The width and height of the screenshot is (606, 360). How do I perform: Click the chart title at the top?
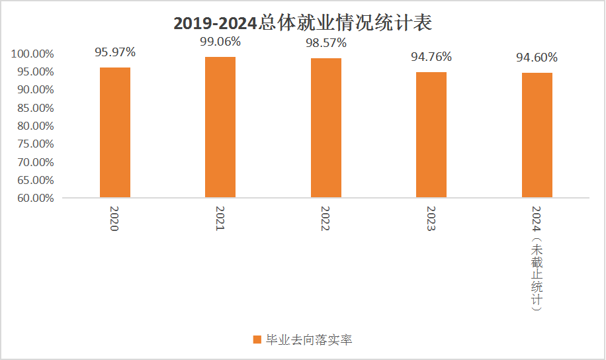click(302, 23)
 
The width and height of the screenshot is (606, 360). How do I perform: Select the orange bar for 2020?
click(115, 132)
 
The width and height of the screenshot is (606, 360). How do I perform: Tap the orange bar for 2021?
click(220, 127)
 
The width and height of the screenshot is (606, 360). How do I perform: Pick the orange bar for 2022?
click(326, 128)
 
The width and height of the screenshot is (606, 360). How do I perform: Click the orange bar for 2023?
click(431, 134)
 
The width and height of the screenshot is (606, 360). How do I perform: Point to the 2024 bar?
click(537, 135)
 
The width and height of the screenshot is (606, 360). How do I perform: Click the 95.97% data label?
click(115, 52)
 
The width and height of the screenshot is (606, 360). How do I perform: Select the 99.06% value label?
click(220, 42)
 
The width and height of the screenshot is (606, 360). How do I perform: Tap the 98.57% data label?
click(326, 43)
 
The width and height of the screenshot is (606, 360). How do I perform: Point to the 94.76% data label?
click(431, 57)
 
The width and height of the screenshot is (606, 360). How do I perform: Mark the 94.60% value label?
click(537, 58)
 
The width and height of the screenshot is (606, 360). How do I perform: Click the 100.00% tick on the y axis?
click(32, 54)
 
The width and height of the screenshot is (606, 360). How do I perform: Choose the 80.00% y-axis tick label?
click(32, 126)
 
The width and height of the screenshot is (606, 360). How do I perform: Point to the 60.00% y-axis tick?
click(32, 198)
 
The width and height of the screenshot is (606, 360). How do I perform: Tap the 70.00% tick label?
click(32, 162)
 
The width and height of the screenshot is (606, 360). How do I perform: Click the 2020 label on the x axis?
click(114, 218)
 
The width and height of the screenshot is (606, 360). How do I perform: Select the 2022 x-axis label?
click(325, 218)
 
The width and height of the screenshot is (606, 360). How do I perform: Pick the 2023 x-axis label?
click(430, 218)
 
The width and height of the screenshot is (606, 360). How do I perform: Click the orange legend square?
click(257, 340)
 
